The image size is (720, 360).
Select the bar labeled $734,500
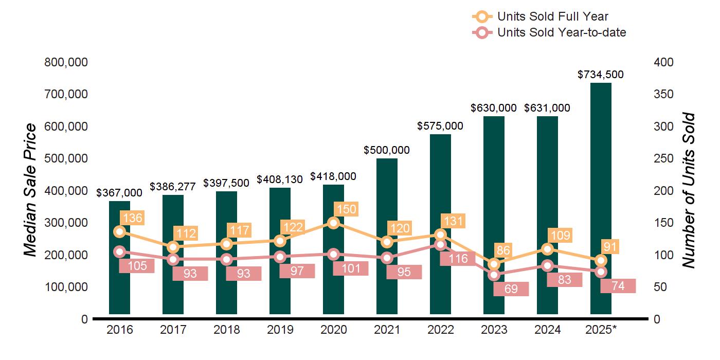(601, 206)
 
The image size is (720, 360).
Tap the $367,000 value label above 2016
(119, 192)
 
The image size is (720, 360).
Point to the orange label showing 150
(345, 209)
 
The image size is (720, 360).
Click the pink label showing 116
(457, 259)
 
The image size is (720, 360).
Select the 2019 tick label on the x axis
(280, 330)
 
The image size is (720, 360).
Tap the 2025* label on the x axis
(601, 330)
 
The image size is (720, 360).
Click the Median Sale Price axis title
(30, 190)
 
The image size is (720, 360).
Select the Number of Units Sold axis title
(688, 190)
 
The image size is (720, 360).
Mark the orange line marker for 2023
(494, 264)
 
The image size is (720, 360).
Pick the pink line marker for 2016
(120, 251)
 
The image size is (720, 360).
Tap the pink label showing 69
(511, 289)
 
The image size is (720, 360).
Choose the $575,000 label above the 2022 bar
(440, 126)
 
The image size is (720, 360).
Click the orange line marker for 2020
(333, 223)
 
